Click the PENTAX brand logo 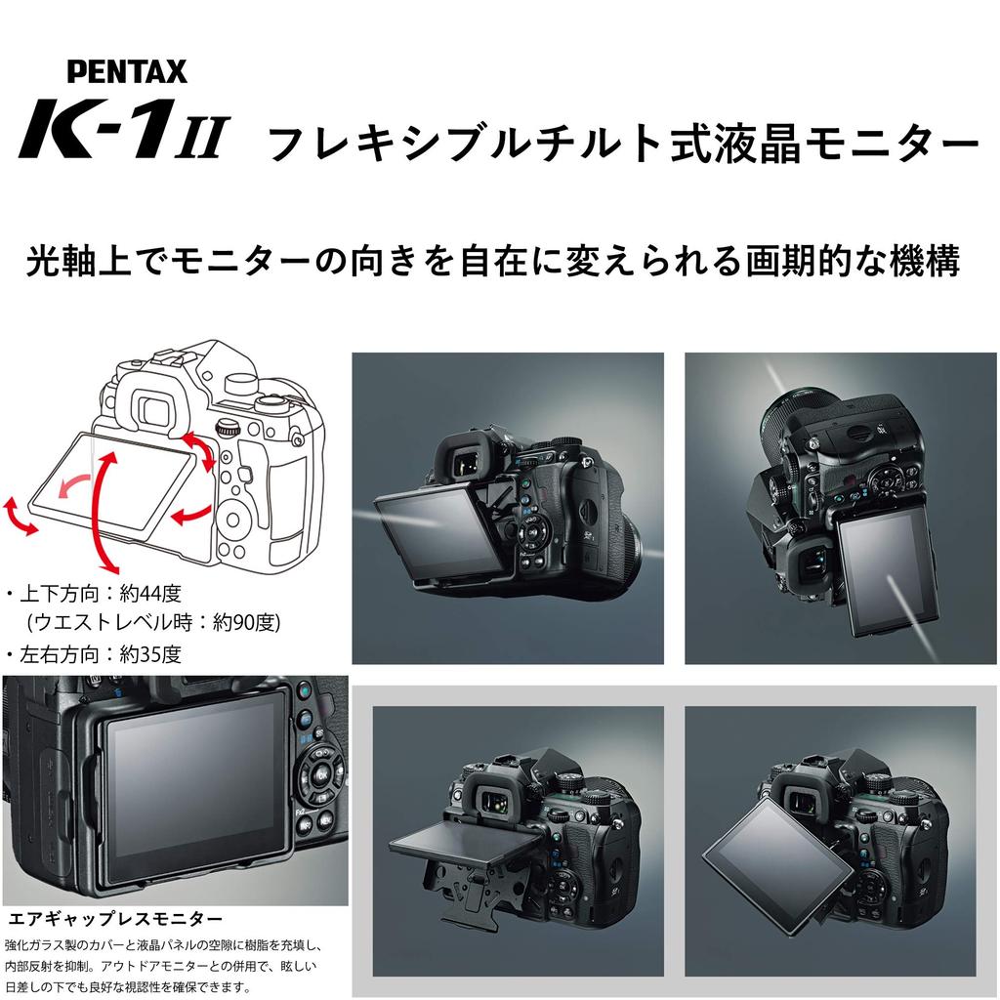pyautogui.click(x=127, y=71)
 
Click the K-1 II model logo pyautogui.click(x=123, y=128)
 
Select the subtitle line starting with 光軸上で pyautogui.click(x=492, y=261)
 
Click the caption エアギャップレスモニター pyautogui.click(x=115, y=919)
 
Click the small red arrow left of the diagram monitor pyautogui.click(x=20, y=514)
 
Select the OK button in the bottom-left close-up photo pyautogui.click(x=322, y=774)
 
